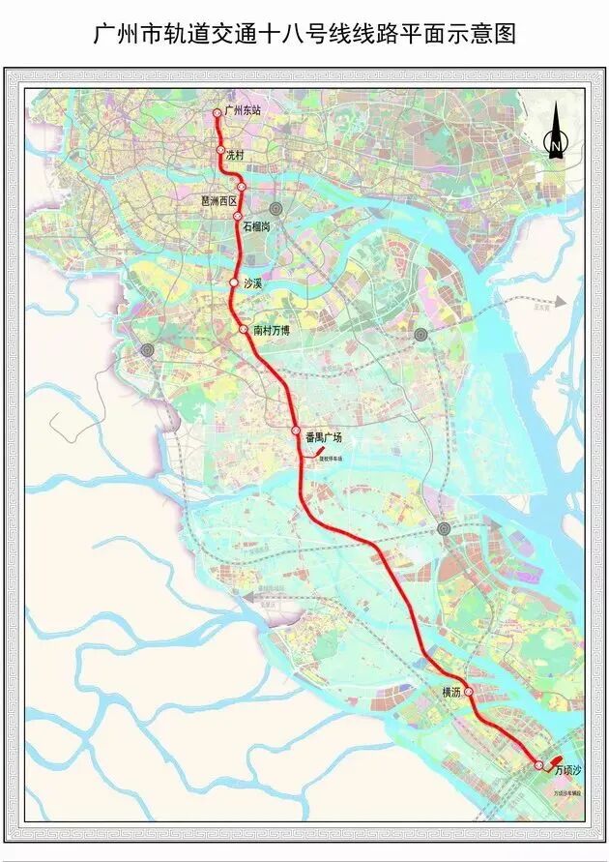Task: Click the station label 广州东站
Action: tap(243, 111)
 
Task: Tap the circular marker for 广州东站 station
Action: tap(217, 113)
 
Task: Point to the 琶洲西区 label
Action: tap(218, 201)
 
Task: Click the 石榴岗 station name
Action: tap(260, 225)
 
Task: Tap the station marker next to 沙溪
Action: tap(233, 282)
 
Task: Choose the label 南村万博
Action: tap(277, 330)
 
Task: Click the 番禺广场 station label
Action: tap(324, 437)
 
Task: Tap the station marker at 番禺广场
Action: tap(296, 431)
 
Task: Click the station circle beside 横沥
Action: tap(469, 692)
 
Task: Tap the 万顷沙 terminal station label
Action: tap(569, 770)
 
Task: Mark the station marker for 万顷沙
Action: tap(539, 765)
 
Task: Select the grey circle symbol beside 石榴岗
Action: tap(275, 208)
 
